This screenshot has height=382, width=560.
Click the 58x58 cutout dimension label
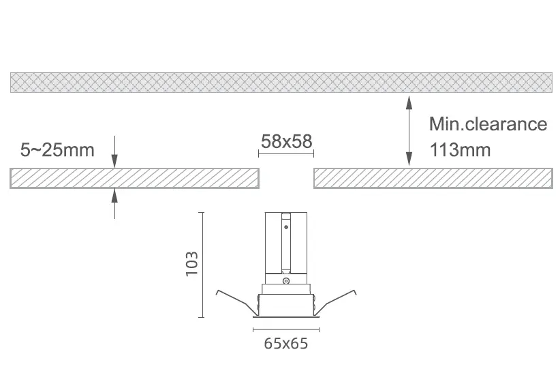pyautogui.click(x=286, y=141)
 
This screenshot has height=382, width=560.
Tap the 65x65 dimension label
pyautogui.click(x=285, y=343)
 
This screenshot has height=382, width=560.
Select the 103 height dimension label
pyautogui.click(x=191, y=263)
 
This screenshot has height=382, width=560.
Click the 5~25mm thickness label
pyautogui.click(x=57, y=150)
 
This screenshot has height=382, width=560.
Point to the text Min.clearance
pyautogui.click(x=488, y=124)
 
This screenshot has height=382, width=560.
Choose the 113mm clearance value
pyautogui.click(x=460, y=150)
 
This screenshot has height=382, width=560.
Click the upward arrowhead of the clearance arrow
pyautogui.click(x=409, y=102)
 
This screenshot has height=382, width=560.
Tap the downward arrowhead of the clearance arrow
pyautogui.click(x=409, y=159)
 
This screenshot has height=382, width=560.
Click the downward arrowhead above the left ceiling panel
pyautogui.click(x=114, y=161)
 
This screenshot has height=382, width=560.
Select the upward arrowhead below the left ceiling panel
pyautogui.click(x=114, y=195)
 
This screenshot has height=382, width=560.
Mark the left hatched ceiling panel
pyautogui.click(x=134, y=178)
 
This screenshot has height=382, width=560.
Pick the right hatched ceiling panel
pyautogui.click(x=433, y=178)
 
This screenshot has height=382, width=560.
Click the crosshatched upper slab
pyautogui.click(x=281, y=83)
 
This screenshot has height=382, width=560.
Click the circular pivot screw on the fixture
pyautogui.click(x=285, y=281)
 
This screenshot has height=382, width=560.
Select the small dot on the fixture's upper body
pyautogui.click(x=286, y=226)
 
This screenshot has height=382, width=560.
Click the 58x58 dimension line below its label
pyautogui.click(x=286, y=154)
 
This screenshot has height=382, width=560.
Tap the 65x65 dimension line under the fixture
pyautogui.click(x=286, y=329)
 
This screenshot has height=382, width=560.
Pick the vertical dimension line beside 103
pyautogui.click(x=202, y=265)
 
